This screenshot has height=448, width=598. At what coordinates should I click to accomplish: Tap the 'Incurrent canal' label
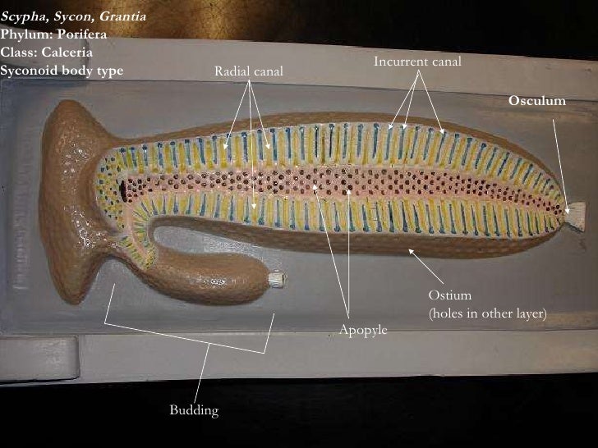coord(417,62)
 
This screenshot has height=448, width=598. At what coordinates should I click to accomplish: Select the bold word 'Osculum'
coord(537,100)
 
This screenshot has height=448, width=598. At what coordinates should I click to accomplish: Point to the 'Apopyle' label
coord(362,330)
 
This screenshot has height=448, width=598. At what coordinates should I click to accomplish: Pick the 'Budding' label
coord(194,409)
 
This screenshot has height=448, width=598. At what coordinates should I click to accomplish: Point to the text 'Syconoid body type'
coord(62,70)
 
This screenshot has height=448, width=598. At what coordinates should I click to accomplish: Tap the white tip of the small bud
coord(280,280)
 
